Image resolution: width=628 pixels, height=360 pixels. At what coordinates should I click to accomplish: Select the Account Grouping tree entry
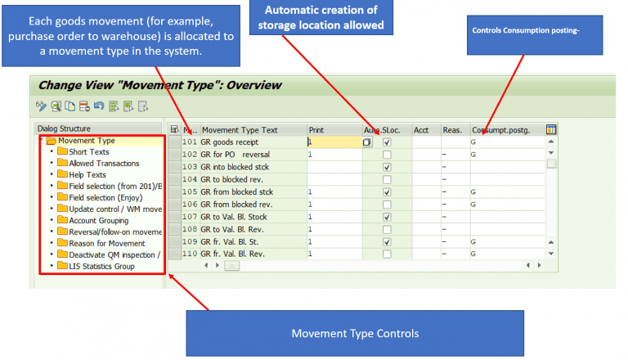98,220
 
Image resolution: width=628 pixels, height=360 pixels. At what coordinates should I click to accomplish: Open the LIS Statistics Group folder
101,266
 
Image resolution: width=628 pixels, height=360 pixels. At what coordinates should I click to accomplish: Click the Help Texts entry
87,174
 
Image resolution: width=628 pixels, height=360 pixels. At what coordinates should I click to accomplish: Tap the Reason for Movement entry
106,243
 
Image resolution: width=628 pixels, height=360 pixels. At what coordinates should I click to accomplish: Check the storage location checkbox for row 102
387,155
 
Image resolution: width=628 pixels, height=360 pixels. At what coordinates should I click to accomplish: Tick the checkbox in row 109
387,242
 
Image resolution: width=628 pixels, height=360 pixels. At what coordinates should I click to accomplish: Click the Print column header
316,129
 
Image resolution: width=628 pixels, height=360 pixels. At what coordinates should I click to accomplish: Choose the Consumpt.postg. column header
500,129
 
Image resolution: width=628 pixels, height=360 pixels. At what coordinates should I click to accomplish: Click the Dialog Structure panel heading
64,128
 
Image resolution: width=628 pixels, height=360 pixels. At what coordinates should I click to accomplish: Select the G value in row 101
473,142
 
